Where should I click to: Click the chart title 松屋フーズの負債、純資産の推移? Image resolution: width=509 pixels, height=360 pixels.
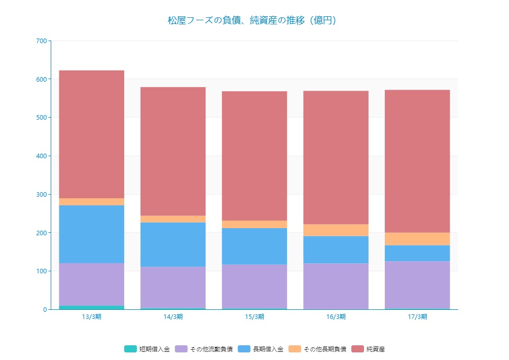click(x=252, y=21)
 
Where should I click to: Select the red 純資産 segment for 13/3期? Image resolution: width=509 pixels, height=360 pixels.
click(x=92, y=134)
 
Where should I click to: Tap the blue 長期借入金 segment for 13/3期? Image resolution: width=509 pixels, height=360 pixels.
click(x=92, y=234)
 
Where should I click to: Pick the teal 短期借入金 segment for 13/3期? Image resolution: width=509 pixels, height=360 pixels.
click(x=92, y=307)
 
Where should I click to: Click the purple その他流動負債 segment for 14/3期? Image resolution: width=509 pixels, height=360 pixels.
click(x=173, y=287)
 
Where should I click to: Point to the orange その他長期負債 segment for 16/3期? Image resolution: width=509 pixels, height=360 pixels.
click(x=336, y=230)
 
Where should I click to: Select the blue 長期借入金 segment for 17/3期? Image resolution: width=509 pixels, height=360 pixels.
click(x=417, y=253)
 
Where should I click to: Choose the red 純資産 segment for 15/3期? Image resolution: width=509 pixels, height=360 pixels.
click(x=254, y=156)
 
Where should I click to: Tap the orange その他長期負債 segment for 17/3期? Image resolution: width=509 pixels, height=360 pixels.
click(x=417, y=239)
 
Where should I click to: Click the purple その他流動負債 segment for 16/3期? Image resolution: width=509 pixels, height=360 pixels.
click(x=336, y=286)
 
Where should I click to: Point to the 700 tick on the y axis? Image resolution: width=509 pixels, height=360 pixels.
click(x=42, y=41)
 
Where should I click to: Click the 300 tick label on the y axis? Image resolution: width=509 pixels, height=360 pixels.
click(x=42, y=194)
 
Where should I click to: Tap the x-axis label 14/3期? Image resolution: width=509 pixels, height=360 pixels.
click(x=173, y=317)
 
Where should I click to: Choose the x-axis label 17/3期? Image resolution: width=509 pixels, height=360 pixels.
click(x=417, y=317)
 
